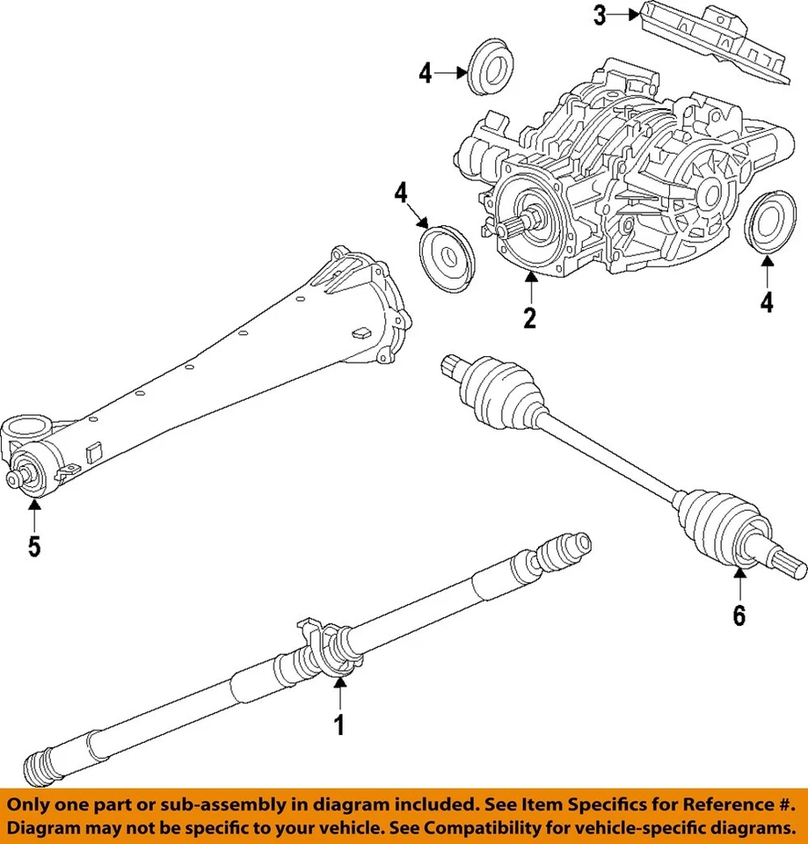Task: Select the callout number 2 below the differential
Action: [x=529, y=316]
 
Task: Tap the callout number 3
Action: [x=600, y=16]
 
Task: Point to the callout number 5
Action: [x=33, y=546]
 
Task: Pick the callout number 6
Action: [x=739, y=615]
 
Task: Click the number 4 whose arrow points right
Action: [x=426, y=73]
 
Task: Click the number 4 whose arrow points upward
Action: [x=767, y=302]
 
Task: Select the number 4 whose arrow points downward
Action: [x=402, y=192]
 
